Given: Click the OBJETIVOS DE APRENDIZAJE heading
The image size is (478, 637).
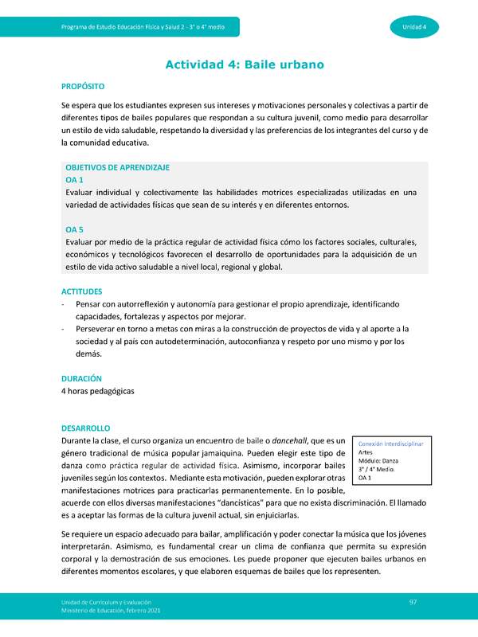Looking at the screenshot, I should pyautogui.click(x=118, y=168).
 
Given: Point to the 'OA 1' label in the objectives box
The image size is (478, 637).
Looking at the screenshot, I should pyautogui.click(x=75, y=181).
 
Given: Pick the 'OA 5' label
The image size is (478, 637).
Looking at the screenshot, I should pyautogui.click(x=75, y=229).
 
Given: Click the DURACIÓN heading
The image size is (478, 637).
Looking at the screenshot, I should pyautogui.click(x=81, y=378).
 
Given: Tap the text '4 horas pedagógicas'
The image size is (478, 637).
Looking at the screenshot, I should pyautogui.click(x=98, y=391).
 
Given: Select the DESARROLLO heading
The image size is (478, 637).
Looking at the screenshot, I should pyautogui.click(x=86, y=428).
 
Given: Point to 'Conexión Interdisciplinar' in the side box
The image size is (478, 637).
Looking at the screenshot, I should pyautogui.click(x=391, y=442).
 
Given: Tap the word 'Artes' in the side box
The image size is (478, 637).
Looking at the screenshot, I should pyautogui.click(x=366, y=451).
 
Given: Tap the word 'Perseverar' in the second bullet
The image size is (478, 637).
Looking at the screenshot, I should pyautogui.click(x=100, y=329).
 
